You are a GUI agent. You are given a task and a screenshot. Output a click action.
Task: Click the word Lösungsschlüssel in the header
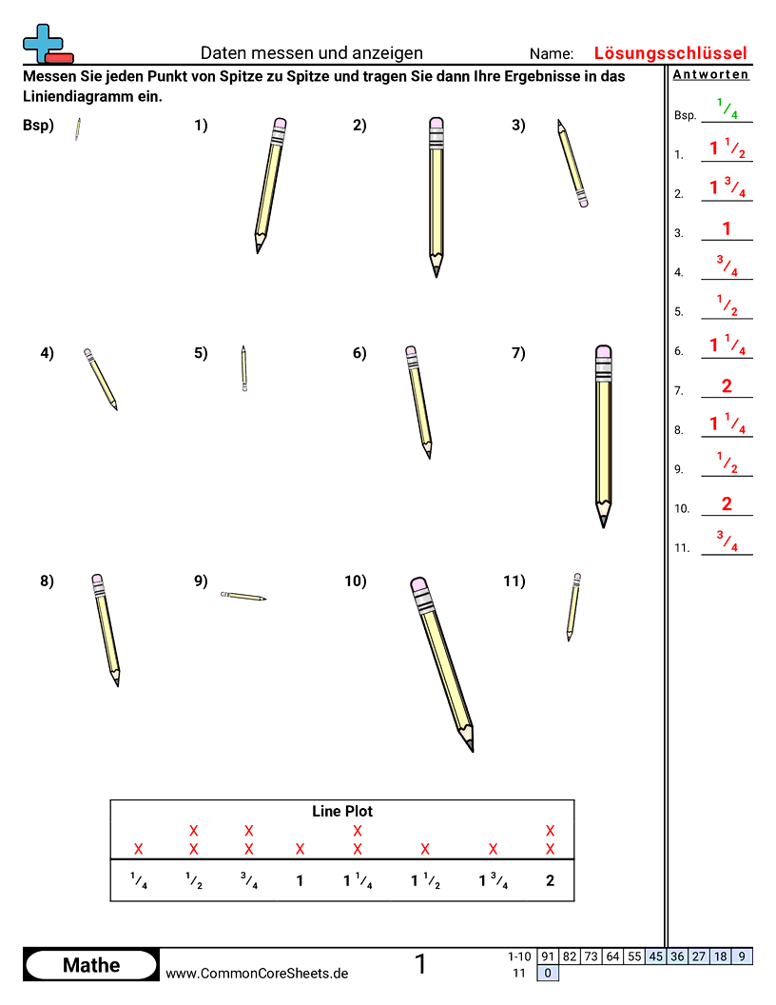[670, 53]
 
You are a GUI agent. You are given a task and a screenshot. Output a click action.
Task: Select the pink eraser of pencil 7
[603, 353]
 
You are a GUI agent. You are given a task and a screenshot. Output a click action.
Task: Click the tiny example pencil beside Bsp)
[78, 129]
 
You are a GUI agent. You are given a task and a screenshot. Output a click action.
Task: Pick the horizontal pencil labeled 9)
[243, 597]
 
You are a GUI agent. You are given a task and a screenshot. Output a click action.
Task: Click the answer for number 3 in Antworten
[727, 228]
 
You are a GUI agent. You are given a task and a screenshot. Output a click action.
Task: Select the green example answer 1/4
[727, 110]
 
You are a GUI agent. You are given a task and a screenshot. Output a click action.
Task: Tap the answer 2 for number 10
[727, 504]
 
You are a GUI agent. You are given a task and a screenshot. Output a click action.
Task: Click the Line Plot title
[342, 812]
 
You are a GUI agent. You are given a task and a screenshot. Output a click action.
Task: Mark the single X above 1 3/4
[493, 849]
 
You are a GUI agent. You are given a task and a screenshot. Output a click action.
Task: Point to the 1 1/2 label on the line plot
[425, 881]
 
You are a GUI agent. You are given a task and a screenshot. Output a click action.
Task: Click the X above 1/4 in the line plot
[139, 849]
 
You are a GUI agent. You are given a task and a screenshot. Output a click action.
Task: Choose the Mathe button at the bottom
[91, 965]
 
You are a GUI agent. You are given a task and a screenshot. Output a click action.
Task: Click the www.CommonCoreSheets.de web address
[257, 973]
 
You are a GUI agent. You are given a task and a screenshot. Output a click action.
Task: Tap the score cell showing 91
[547, 956]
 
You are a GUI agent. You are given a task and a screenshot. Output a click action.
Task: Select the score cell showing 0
[547, 973]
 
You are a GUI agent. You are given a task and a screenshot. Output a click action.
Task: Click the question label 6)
[359, 354]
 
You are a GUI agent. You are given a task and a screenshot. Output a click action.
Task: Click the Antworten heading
[710, 74]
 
